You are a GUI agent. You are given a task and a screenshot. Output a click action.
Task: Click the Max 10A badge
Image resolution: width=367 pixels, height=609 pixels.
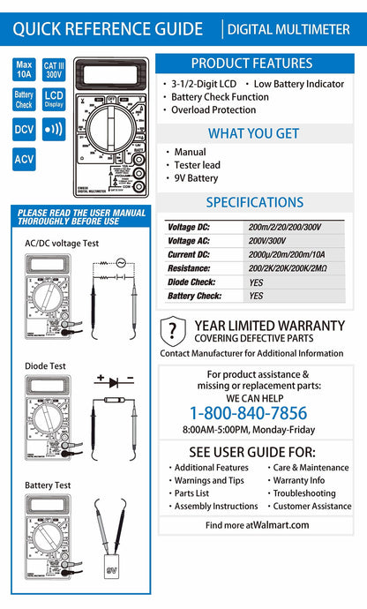pyautogui.click(x=25, y=69)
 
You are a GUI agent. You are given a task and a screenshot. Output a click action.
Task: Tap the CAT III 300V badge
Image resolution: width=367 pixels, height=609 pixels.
pyautogui.click(x=54, y=69)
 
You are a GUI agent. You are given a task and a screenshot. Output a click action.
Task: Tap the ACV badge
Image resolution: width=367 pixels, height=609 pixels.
pyautogui.click(x=25, y=160)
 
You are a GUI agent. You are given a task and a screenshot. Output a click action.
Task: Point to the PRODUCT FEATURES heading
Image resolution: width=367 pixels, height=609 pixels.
pyautogui.click(x=251, y=64)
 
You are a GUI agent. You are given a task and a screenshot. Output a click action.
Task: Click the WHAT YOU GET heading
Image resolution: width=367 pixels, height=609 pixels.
pyautogui.click(x=251, y=133)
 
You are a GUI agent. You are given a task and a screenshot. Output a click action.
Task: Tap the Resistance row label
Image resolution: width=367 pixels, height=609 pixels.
pyautogui.click(x=191, y=267)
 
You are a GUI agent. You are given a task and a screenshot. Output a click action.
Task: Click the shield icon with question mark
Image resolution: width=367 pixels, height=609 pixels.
pyautogui.click(x=173, y=331)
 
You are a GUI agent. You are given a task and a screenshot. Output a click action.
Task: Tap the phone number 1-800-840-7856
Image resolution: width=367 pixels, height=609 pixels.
pyautogui.click(x=249, y=413)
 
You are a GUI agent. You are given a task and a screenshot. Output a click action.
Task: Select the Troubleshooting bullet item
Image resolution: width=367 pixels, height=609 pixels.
pyautogui.click(x=304, y=493)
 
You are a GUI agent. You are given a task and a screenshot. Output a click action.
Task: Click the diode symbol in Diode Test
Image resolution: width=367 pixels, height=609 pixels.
pyautogui.click(x=112, y=381)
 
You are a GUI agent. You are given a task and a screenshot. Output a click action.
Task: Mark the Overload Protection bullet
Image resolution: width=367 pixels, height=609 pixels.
pyautogui.click(x=213, y=110)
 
